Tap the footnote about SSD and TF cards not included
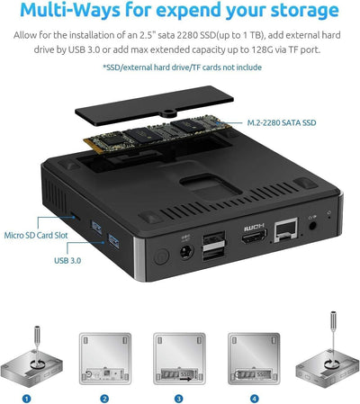coord(179,67)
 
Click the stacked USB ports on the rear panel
coord(215,247)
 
